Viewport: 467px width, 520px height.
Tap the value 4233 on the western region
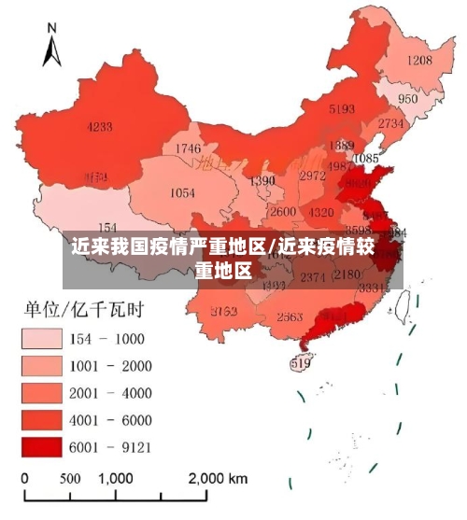pyautogui.click(x=100, y=127)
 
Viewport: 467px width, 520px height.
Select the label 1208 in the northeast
pyautogui.click(x=419, y=61)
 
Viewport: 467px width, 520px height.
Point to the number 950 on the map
pyautogui.click(x=408, y=99)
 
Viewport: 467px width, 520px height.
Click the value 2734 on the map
pyautogui.click(x=392, y=122)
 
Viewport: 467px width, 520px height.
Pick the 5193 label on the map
pyautogui.click(x=342, y=109)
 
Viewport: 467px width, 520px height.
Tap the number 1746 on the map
pyautogui.click(x=188, y=148)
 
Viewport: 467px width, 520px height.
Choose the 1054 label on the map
pyautogui.click(x=182, y=193)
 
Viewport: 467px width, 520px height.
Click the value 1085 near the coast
pyautogui.click(x=366, y=159)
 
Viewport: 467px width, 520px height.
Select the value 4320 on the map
pyautogui.click(x=321, y=212)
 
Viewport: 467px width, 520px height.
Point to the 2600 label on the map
pyautogui.click(x=282, y=212)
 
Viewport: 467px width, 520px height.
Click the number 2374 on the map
pyautogui.click(x=313, y=276)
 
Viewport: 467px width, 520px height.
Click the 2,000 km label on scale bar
pyautogui.click(x=218, y=478)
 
